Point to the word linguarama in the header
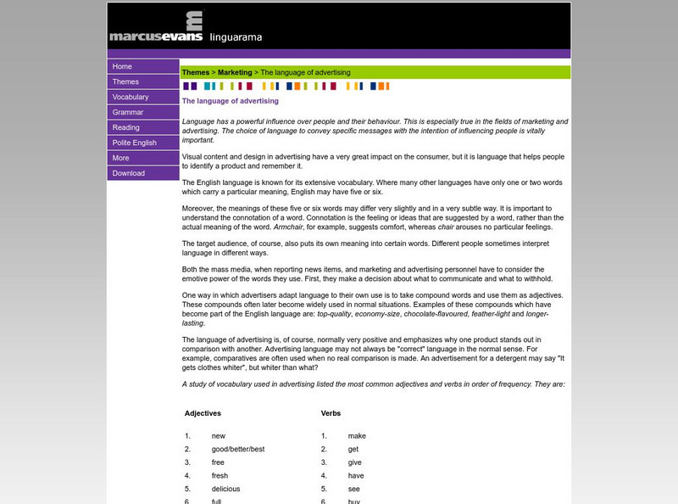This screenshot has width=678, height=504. [x=236, y=37]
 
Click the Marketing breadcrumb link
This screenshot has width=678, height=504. [x=235, y=73]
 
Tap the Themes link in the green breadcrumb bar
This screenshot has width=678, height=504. [x=196, y=73]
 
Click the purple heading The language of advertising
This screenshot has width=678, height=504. [x=231, y=101]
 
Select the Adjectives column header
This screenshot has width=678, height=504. [x=203, y=413]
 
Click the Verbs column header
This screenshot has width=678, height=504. [x=331, y=413]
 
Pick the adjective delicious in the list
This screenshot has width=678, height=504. [x=225, y=489]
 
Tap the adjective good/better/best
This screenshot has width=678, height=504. [x=238, y=449]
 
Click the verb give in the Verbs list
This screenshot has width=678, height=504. [x=354, y=462]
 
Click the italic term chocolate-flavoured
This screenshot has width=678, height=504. [x=421, y=314]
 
